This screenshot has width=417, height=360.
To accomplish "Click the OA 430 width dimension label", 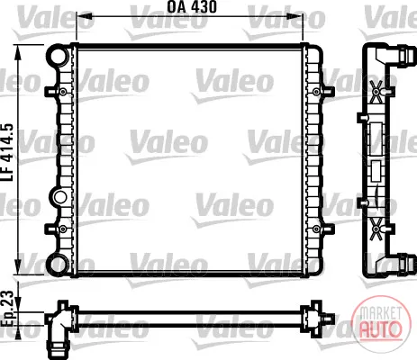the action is [192, 6].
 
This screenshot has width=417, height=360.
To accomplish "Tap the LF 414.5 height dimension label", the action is [8, 152].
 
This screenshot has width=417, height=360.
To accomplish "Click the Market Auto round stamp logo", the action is [381, 322].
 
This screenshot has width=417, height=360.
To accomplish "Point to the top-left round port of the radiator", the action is [58, 55].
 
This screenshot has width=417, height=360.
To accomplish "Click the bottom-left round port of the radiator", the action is [58, 264].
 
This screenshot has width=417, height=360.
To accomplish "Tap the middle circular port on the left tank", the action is [59, 197].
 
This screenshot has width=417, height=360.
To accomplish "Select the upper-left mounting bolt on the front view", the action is [63, 92].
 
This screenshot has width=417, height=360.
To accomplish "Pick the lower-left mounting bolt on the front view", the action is [63, 229].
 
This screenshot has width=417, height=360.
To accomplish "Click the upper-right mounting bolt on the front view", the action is [316, 92].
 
